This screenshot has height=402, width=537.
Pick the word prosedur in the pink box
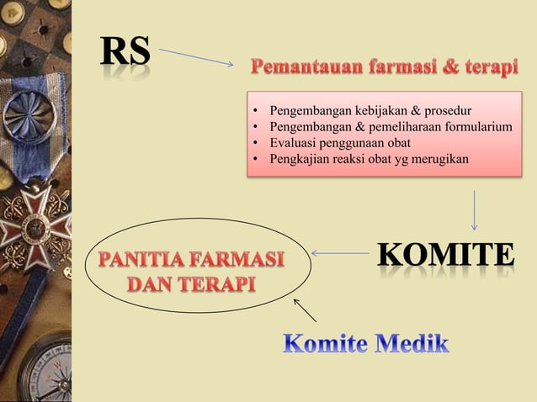coord(448,110)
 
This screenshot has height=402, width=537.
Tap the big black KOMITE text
coord(444,255)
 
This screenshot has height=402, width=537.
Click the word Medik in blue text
coord(411,343)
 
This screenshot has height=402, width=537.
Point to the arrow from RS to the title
coord(196,57)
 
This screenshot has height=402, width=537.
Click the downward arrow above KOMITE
coord(475,209)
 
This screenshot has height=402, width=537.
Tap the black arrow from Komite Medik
coord(304,309)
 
